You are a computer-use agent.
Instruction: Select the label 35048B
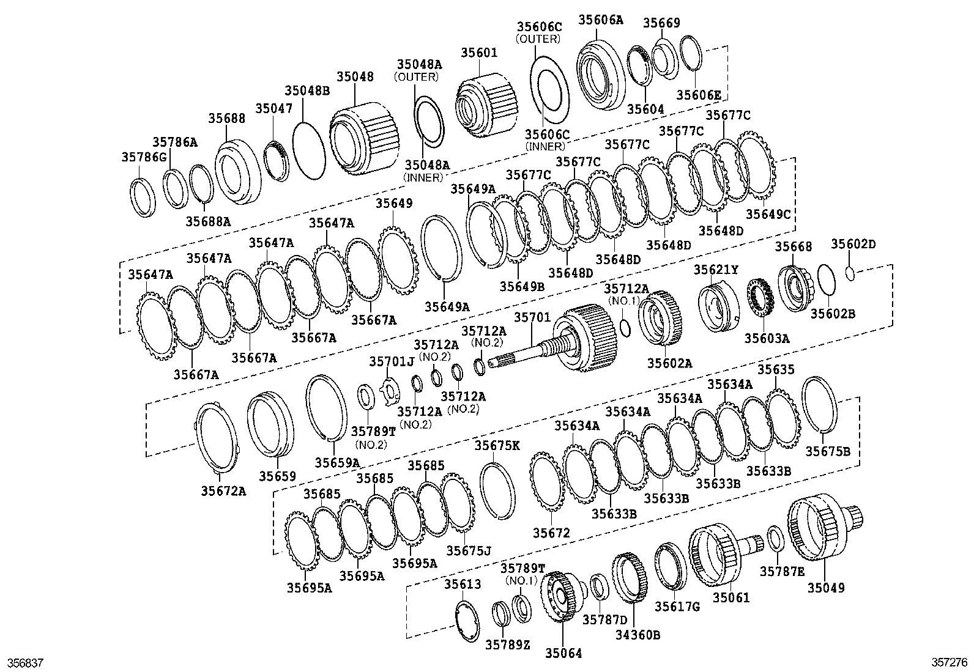[x=310, y=91]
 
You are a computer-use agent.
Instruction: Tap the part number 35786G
[x=143, y=157]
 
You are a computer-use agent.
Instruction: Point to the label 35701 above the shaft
[x=532, y=317]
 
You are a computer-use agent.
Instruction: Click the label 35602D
[x=853, y=245]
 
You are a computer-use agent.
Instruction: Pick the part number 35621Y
[x=716, y=270]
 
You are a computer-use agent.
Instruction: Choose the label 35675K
[x=497, y=446]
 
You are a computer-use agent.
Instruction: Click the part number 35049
[x=825, y=588]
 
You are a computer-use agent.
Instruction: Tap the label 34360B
[x=638, y=635]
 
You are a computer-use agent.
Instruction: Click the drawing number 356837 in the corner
[x=24, y=662]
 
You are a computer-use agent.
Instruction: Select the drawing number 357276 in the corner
[x=950, y=662]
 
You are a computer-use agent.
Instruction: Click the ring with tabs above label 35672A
[x=216, y=437]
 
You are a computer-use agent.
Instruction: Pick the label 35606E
[x=698, y=95]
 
